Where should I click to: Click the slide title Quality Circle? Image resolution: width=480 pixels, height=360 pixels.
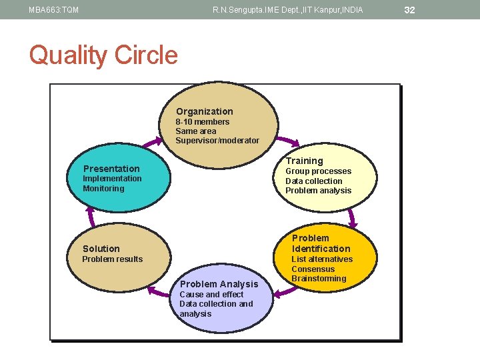click(103, 55)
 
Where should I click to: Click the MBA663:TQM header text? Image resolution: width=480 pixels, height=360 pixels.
click(53, 10)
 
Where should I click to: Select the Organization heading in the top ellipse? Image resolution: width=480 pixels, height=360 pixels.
click(204, 111)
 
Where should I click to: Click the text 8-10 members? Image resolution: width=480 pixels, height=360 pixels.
click(202, 122)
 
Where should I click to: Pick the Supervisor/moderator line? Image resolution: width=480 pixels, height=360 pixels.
click(217, 141)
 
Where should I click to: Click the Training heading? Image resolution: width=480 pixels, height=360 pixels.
click(304, 161)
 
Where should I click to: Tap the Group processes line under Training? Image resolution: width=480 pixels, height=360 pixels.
click(318, 171)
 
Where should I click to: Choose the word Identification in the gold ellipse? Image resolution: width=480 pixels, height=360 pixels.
click(321, 249)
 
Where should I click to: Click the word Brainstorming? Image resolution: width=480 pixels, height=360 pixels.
click(319, 279)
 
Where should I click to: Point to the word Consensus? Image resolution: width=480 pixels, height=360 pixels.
click(313, 269)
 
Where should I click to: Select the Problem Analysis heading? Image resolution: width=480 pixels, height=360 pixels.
click(219, 284)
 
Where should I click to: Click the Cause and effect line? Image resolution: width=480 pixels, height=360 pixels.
click(211, 295)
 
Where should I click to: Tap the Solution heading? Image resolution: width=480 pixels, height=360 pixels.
click(101, 249)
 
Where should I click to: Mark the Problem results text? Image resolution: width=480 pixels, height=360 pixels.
click(112, 259)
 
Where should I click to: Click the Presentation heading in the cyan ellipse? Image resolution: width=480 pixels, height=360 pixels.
click(111, 169)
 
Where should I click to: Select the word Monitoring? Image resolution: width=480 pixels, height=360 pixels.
click(103, 189)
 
